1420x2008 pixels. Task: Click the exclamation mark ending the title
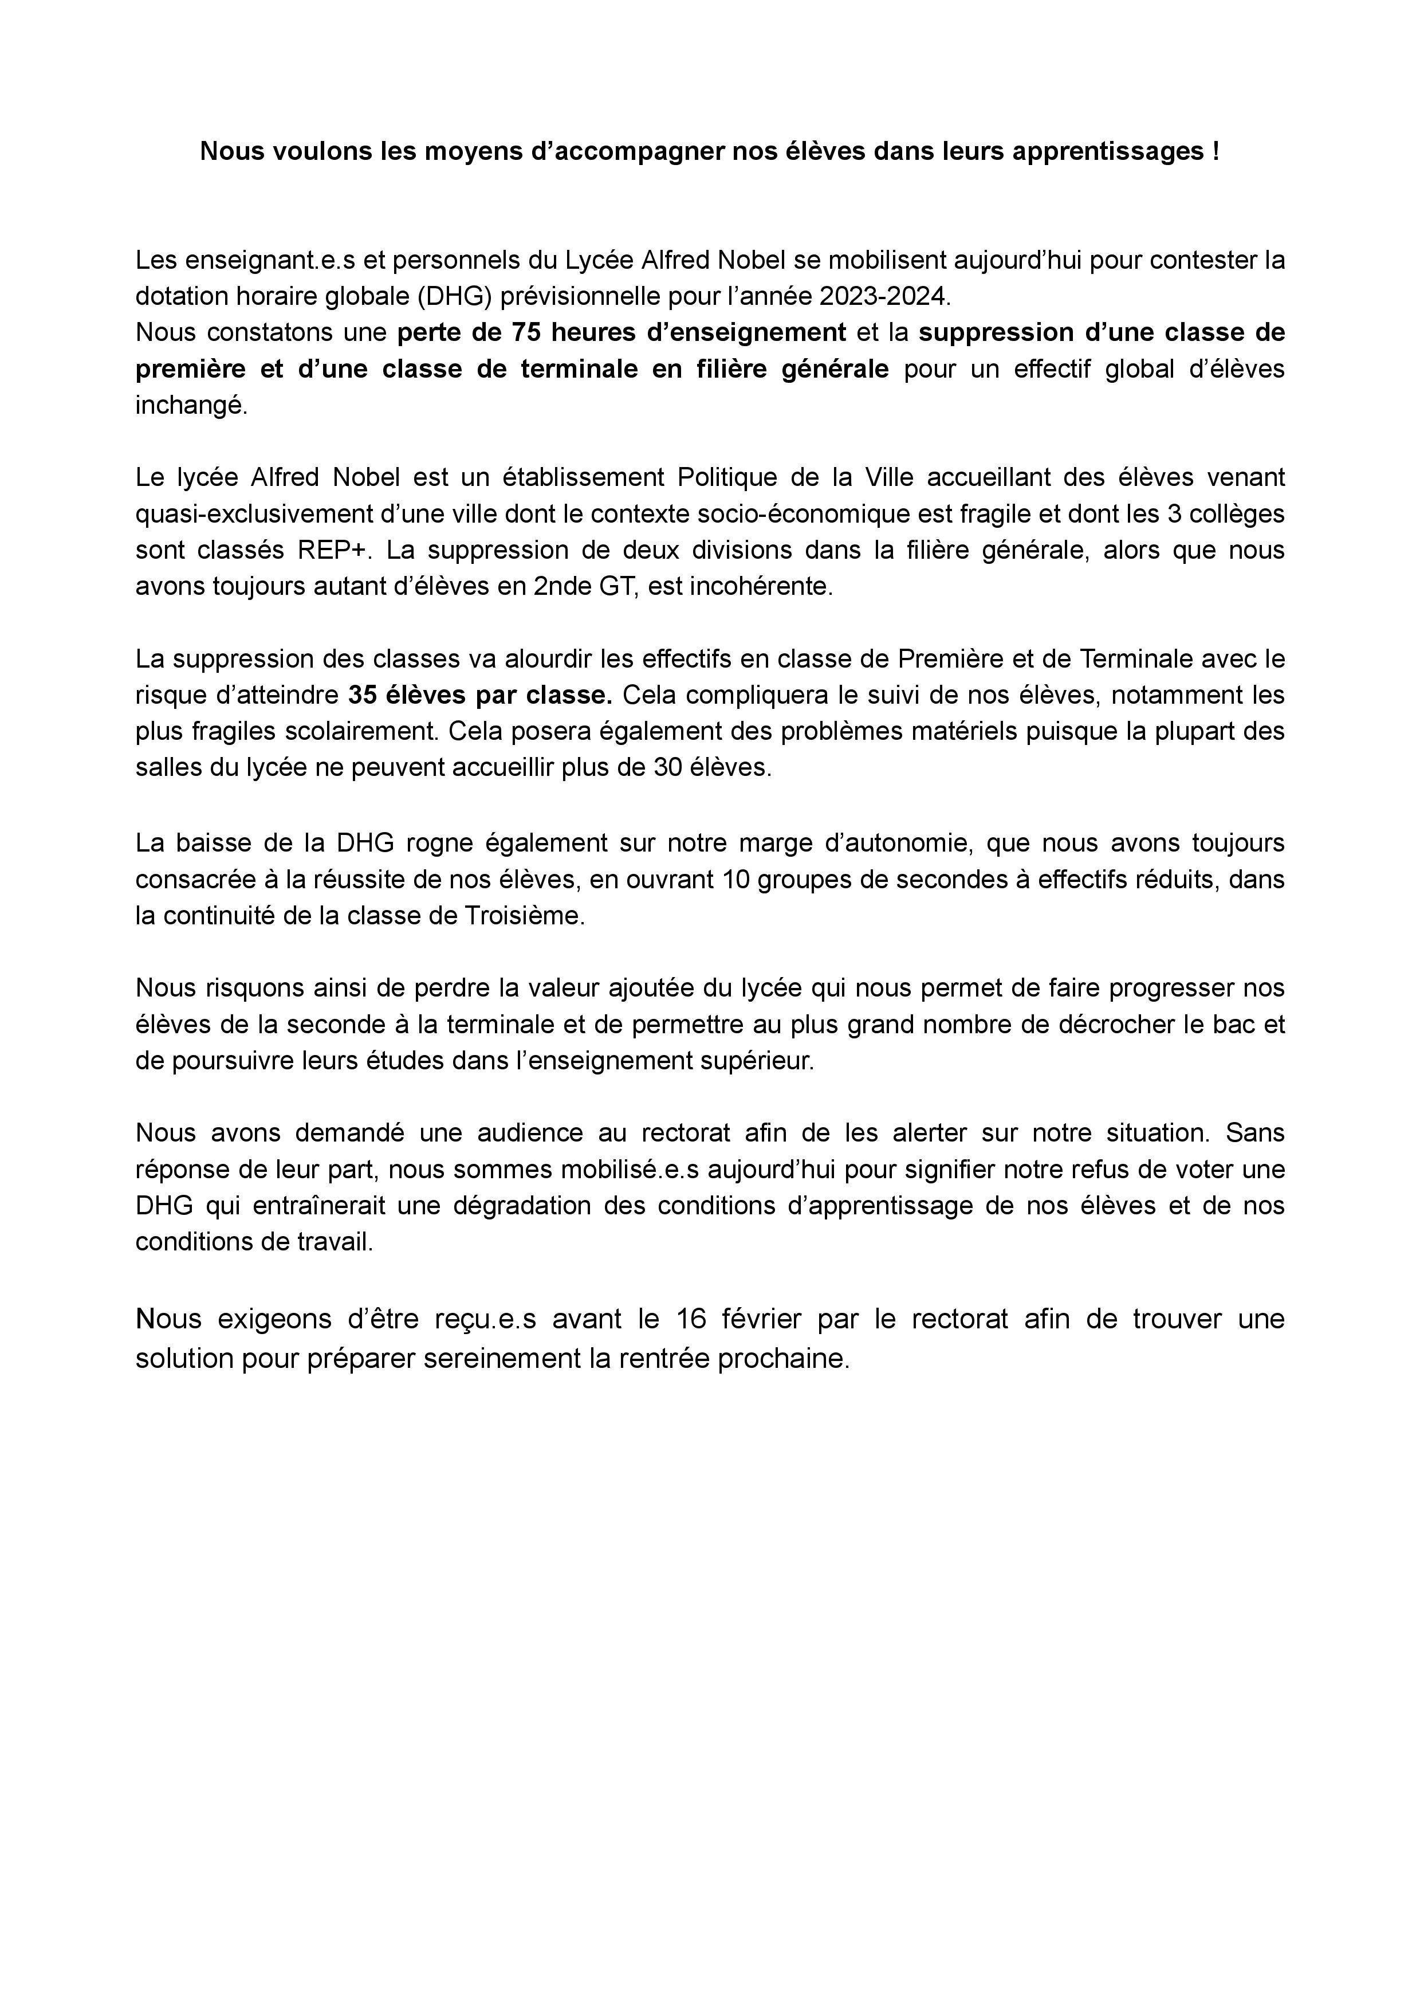pos(1216,152)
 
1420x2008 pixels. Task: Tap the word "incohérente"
pos(762,587)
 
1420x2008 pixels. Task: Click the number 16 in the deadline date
pos(691,1319)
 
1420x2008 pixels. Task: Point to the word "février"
pos(770,1319)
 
